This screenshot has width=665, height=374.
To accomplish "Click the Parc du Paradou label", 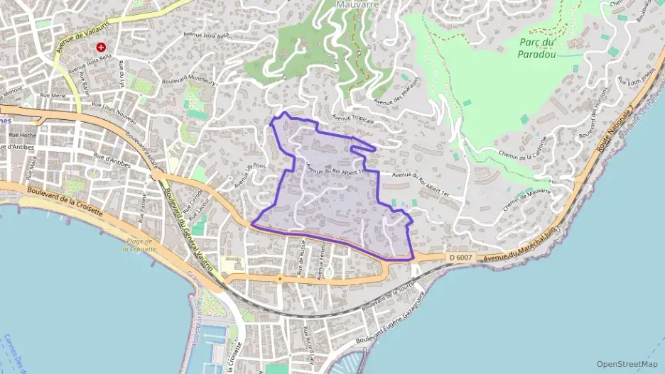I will point(538,48).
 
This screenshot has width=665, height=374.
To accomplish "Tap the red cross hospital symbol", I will point(102,48).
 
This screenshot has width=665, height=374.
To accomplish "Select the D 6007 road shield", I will point(460,258).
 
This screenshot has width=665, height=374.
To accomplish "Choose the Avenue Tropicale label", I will point(353,120).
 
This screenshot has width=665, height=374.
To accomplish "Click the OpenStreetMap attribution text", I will point(627,363).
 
